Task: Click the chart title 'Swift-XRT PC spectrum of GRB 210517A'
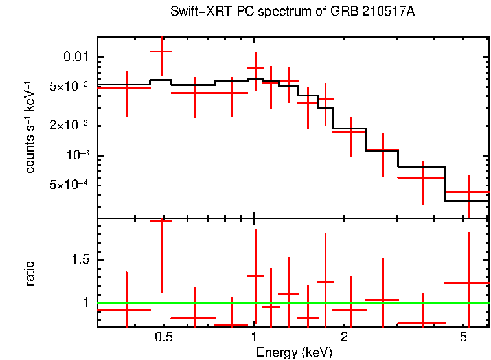[x=291, y=12]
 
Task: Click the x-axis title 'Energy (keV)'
[x=294, y=352]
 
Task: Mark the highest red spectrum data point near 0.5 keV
[x=161, y=51]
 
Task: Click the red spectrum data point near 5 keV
[x=467, y=192]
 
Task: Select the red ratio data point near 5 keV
[x=467, y=282]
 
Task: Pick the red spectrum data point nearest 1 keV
[x=255, y=67]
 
